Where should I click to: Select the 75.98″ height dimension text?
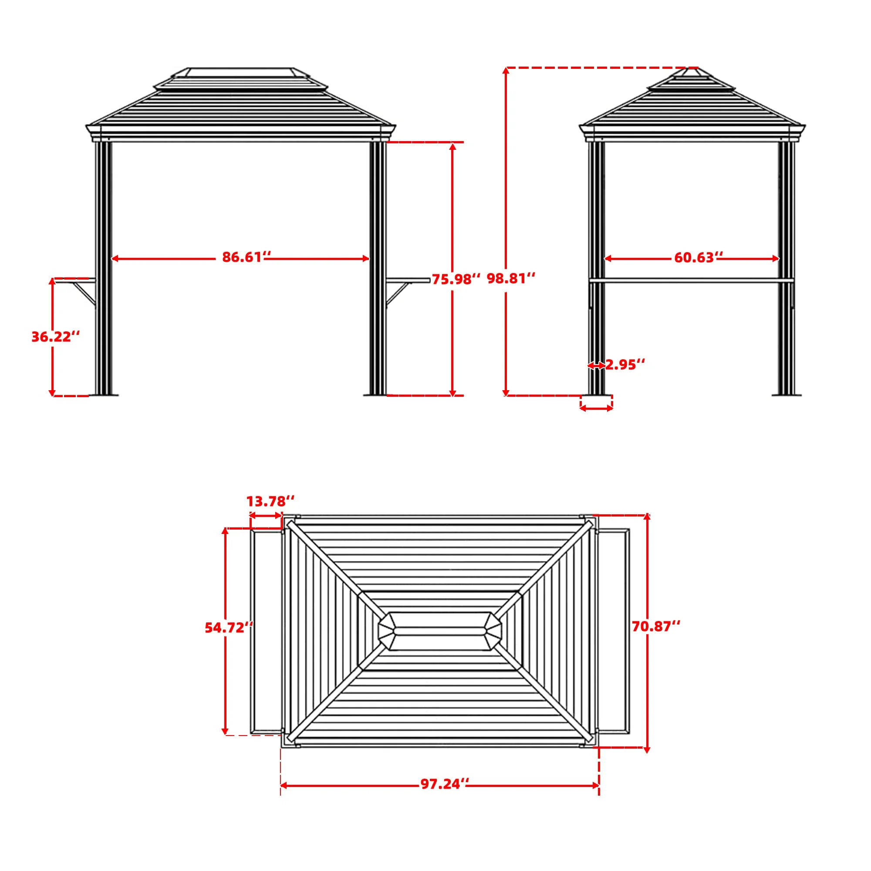[456, 280]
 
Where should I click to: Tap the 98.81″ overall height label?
[511, 279]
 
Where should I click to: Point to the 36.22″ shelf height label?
[55, 337]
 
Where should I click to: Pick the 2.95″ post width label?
[625, 365]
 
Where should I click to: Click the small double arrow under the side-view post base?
[596, 408]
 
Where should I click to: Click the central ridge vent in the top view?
[439, 630]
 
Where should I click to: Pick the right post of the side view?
[786, 270]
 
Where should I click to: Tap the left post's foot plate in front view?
[104, 395]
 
